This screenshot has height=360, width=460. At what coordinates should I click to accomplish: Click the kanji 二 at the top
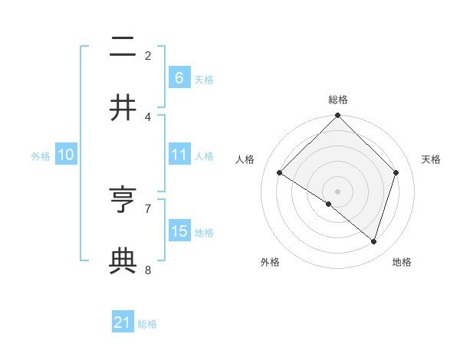coord(123,47)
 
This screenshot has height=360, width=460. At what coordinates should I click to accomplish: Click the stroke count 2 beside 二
coord(148,55)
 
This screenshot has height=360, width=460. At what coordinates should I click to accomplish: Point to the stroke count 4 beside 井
coord(148,116)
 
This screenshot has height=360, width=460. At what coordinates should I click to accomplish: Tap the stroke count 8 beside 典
coord(148,270)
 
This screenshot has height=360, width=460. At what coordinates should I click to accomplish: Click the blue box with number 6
coord(179,78)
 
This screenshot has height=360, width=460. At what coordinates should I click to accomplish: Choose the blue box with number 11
coord(179,155)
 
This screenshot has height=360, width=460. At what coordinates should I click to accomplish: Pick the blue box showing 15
coord(179,231)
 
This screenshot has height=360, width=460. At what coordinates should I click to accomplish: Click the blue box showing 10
coord(66,155)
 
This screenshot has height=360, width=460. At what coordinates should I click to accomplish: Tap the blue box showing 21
coord(123,322)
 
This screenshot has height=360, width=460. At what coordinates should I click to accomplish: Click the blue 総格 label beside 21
coord(147,324)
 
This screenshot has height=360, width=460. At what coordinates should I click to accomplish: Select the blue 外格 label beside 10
coord(41,156)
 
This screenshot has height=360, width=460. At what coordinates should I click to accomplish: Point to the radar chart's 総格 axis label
coord(338,100)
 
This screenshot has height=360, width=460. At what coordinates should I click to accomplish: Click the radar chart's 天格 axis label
coord(432,159)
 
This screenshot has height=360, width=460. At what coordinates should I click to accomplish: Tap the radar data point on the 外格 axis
coord(329,204)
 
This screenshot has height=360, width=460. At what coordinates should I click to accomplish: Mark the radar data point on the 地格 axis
coord(374,242)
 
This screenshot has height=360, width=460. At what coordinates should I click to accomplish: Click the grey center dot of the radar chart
coord(338,191)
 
